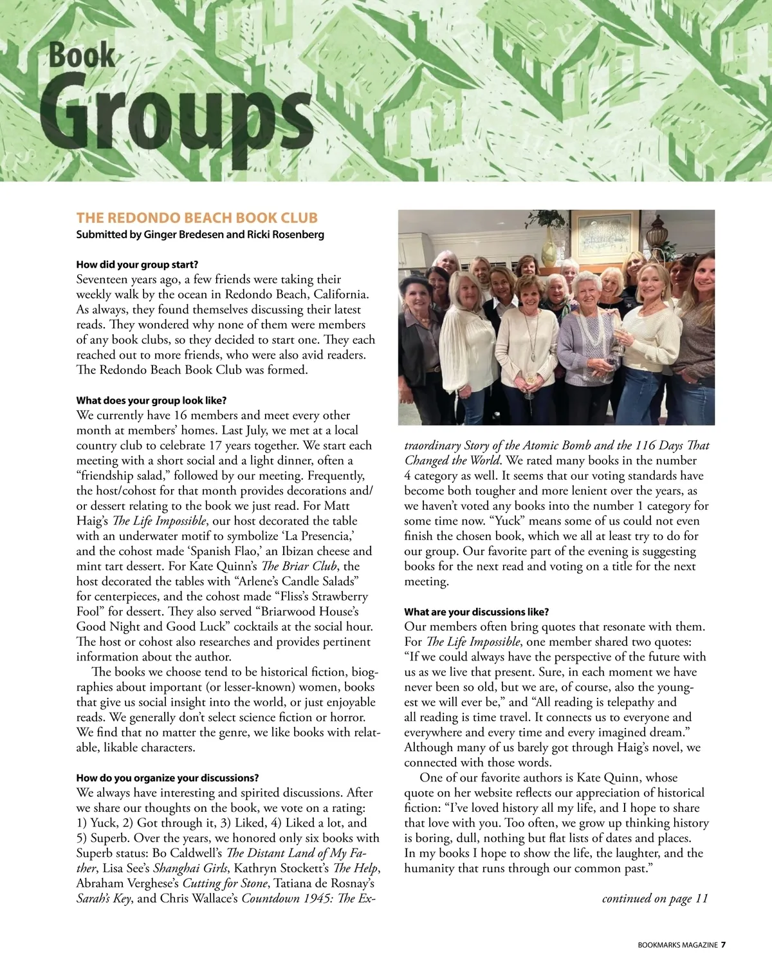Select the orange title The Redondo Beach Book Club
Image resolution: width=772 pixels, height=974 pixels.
(197, 218)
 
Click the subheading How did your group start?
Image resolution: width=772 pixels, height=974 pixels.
(137, 265)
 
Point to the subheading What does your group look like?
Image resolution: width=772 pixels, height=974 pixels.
(151, 400)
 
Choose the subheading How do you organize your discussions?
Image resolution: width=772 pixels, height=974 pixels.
(167, 778)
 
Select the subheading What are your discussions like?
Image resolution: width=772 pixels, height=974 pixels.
(476, 612)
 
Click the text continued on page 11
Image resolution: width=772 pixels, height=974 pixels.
(654, 898)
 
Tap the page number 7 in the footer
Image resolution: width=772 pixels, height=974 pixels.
(723, 945)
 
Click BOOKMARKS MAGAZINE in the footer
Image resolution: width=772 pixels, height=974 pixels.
(677, 945)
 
